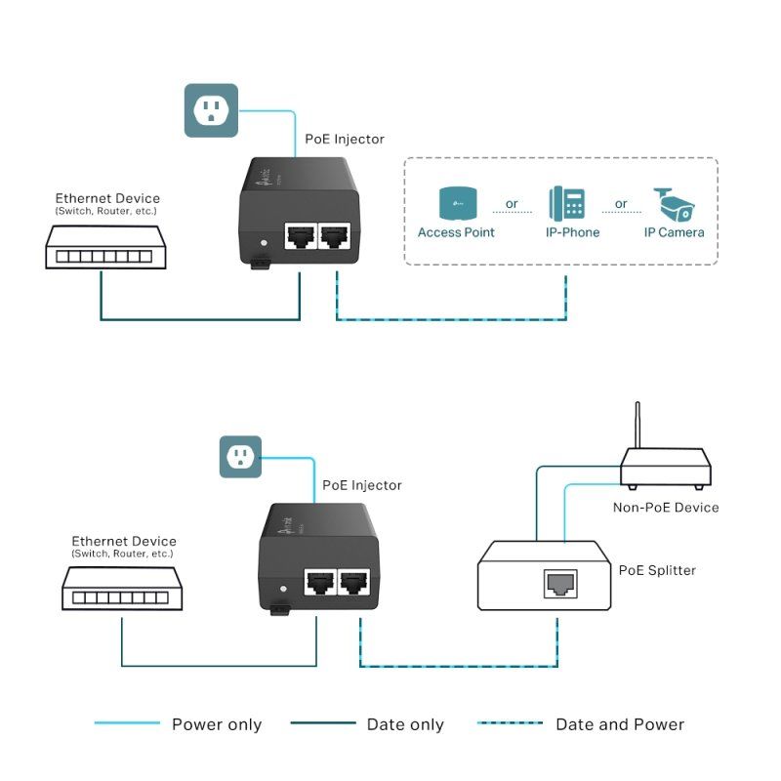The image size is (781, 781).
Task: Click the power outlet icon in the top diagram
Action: point(211,109)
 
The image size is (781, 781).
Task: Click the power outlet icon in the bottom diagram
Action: point(240,456)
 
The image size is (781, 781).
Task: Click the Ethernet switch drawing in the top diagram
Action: point(100,247)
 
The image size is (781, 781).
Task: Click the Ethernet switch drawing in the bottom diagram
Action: point(121,590)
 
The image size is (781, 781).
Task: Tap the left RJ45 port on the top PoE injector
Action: point(299,236)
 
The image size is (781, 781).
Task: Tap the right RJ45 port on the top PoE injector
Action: point(336,236)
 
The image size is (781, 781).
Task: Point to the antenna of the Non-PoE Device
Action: point(637,425)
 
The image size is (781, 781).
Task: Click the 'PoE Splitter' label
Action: point(657,570)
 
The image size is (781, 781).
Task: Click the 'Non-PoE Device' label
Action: point(665,507)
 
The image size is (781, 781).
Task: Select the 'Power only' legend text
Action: point(217,724)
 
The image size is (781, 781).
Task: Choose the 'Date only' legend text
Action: point(405,724)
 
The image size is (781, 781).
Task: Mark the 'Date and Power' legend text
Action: point(620,724)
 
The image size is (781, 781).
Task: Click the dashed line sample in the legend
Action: point(510,723)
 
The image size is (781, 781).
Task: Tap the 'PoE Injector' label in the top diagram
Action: point(345,140)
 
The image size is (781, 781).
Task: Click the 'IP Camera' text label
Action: point(674,232)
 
